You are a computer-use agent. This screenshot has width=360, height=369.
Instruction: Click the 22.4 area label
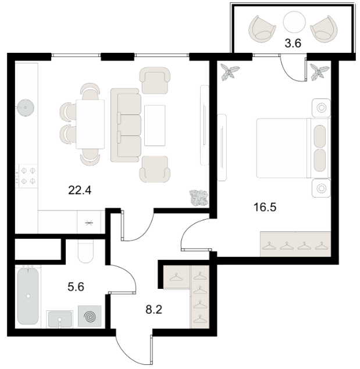click(80, 190)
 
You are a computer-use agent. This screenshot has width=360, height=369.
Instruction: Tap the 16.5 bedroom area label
click(265, 207)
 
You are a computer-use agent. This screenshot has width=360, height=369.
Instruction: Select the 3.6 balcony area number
click(293, 44)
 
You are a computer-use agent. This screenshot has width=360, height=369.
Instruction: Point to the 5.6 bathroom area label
click(76, 287)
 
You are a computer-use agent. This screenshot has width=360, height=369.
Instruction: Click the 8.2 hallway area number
click(154, 310)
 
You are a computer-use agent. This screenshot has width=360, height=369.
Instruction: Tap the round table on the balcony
click(294, 22)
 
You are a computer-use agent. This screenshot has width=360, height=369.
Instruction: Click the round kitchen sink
click(26, 108)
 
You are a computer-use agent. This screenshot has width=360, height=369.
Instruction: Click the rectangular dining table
click(90, 124)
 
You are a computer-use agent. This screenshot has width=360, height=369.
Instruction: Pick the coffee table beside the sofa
click(155, 126)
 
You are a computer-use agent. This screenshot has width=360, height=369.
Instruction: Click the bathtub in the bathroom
click(28, 296)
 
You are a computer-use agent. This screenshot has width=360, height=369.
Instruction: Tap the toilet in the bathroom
click(85, 251)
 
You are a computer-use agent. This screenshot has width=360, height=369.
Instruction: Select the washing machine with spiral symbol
click(90, 316)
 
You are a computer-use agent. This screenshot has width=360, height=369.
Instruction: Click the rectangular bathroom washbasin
click(60, 320)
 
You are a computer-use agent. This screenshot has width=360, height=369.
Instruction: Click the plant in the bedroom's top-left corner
click(230, 72)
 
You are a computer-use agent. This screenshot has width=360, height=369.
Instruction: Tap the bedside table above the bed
click(321, 108)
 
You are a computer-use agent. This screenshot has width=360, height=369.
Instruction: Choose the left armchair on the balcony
click(262, 30)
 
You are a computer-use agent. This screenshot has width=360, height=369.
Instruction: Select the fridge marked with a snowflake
click(89, 223)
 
